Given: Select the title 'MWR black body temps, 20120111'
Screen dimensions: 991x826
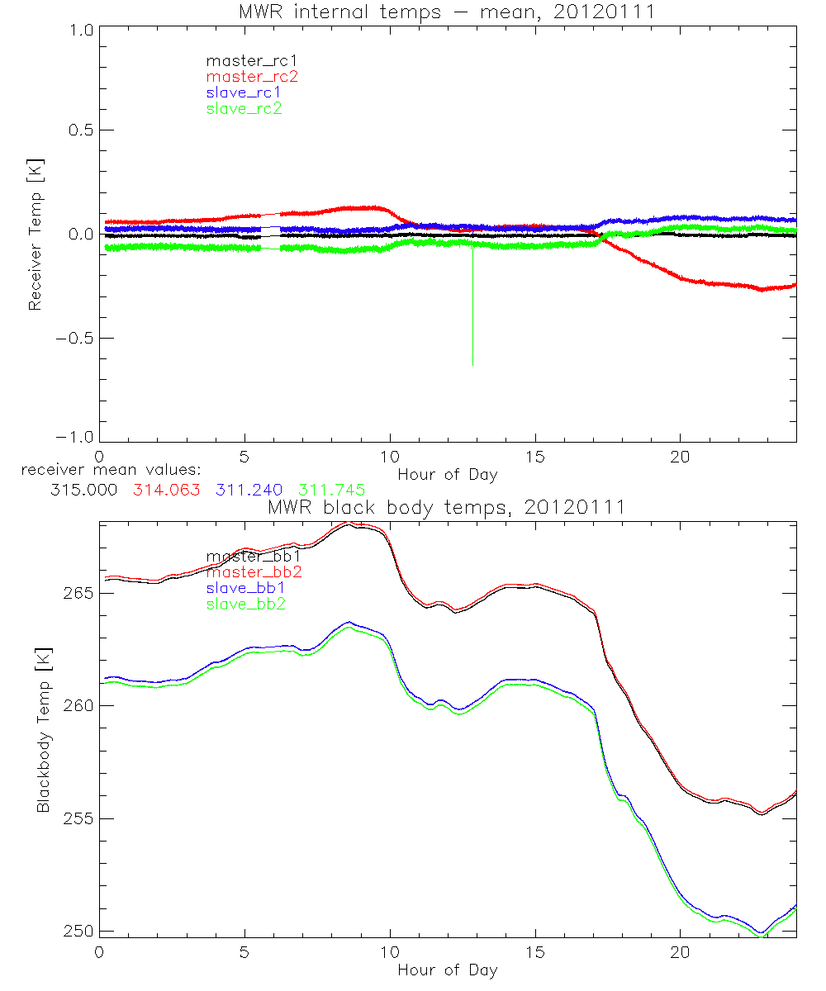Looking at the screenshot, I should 447,507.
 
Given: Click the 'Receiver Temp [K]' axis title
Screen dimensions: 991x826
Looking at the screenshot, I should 34,235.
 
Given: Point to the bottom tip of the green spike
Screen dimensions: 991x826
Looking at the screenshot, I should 472,364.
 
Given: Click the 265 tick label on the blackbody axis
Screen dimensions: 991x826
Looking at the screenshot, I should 75,593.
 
